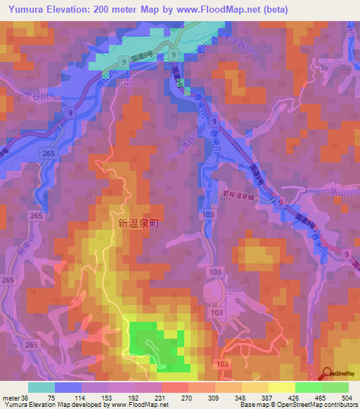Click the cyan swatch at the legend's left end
click(41, 387)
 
